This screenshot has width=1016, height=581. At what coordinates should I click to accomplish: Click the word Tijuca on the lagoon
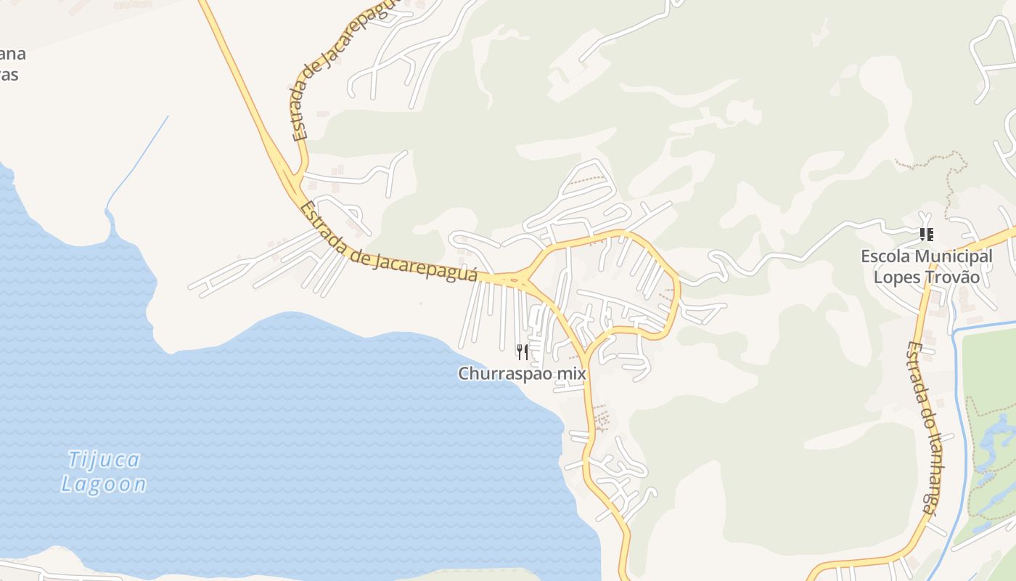(104, 460)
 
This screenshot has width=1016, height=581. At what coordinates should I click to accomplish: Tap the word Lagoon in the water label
(104, 484)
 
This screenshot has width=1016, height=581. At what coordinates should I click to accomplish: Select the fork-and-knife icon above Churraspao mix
(522, 352)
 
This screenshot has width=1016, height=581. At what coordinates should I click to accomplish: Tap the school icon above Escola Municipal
(926, 235)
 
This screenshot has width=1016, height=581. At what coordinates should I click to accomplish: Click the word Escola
(885, 256)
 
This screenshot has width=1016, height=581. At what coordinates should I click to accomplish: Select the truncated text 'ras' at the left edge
(9, 75)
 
